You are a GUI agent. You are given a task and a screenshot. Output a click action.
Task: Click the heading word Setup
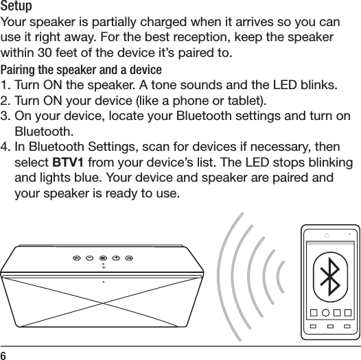click(19, 8)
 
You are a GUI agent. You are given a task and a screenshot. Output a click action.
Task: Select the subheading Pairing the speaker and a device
click(82, 71)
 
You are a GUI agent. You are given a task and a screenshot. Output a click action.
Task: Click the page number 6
click(4, 355)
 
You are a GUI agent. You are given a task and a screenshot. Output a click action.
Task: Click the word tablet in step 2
click(247, 102)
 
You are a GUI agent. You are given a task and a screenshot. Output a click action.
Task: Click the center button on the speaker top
click(103, 258)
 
